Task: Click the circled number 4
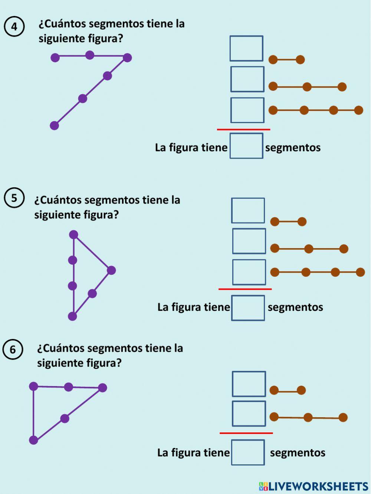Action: [14, 27]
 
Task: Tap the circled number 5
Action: [14, 198]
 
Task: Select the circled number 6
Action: [13, 349]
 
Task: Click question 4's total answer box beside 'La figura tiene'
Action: [246, 146]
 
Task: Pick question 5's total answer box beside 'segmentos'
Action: [248, 308]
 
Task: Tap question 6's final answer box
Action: [248, 452]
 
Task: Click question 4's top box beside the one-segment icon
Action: [246, 49]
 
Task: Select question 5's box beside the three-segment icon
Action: [249, 272]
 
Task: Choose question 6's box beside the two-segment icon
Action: [249, 414]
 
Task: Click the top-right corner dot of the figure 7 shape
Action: [127, 58]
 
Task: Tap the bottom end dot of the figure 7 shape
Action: [55, 126]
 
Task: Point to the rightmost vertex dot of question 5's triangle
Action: [111, 270]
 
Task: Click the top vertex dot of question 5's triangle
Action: [73, 234]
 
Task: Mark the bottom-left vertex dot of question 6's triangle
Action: [33, 440]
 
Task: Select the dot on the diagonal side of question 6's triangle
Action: [65, 419]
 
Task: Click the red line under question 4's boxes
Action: [243, 129]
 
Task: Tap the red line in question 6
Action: [246, 433]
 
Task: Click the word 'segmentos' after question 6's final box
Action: [298, 452]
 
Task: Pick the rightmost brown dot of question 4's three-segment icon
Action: [358, 110]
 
